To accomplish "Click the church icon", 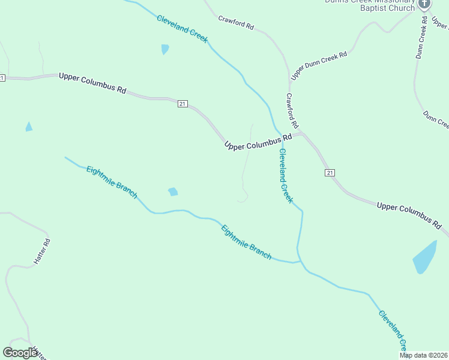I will (x=424, y=4).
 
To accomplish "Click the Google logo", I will (x=20, y=353).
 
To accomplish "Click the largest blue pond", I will (x=425, y=257).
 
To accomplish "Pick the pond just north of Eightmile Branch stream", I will (x=173, y=192).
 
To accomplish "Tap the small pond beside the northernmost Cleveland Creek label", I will (x=164, y=49).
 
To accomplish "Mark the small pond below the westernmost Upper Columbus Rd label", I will (x=28, y=127).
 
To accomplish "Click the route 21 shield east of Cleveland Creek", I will (x=330, y=173).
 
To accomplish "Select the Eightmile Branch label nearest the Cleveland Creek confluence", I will (x=246, y=242).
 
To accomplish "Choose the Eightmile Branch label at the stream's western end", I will (x=112, y=182).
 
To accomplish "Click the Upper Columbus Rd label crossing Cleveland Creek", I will (x=258, y=142).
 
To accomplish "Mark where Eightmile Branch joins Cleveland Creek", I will (x=298, y=262).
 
